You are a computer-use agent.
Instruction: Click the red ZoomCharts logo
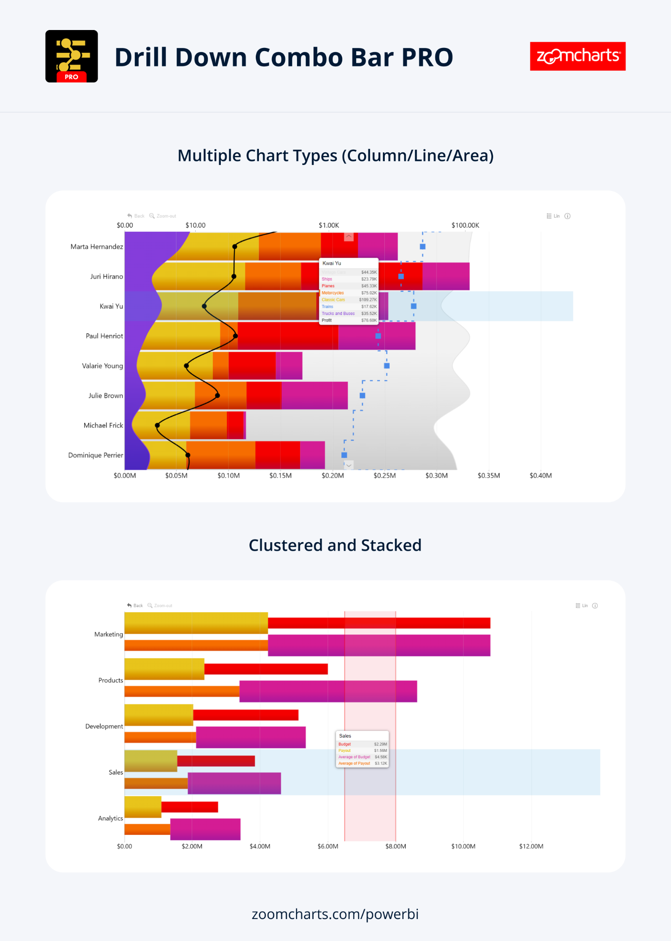point(577,56)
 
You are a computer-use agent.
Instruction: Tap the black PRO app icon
point(72,56)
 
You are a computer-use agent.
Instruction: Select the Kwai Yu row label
point(111,306)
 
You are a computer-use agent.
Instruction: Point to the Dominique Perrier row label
point(95,455)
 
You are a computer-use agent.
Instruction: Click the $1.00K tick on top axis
point(329,225)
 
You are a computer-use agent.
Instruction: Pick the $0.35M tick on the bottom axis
point(489,476)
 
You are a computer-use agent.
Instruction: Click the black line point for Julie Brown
point(217,396)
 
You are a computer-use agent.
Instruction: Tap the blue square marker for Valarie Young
point(387,366)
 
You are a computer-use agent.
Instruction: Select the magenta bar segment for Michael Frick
point(245,425)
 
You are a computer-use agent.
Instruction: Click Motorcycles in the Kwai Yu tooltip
point(333,293)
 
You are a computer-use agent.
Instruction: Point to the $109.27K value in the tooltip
point(368,300)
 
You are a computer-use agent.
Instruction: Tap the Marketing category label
point(108,635)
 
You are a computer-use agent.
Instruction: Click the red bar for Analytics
point(189,807)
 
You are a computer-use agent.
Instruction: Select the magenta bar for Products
point(328,691)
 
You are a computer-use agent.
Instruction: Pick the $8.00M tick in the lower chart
point(396,846)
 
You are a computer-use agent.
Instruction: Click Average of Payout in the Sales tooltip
point(354,764)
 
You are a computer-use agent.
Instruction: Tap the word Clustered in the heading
point(286,545)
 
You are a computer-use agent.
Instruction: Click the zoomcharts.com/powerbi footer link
point(335,914)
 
